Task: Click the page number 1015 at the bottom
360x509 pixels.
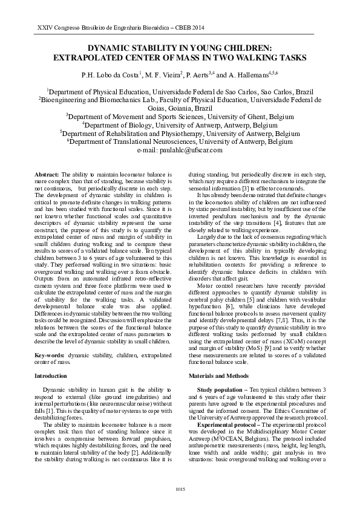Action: click(x=180, y=488)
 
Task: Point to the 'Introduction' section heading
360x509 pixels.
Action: click(x=50, y=376)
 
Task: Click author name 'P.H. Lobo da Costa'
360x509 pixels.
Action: click(x=110, y=76)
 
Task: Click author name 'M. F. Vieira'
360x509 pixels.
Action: click(x=166, y=76)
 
